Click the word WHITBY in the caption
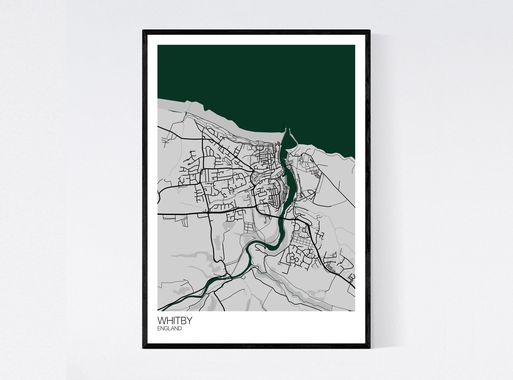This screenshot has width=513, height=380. coord(175,321)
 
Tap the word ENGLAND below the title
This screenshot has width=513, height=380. coord(170,328)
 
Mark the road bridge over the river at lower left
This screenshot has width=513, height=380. coord(229,277)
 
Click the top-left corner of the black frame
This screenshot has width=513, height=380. coord(143,30)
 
